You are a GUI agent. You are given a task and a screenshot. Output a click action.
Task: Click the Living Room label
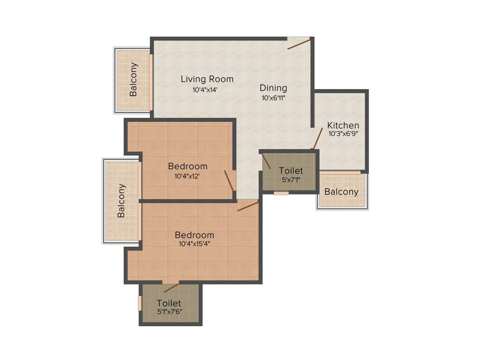tap(207, 79)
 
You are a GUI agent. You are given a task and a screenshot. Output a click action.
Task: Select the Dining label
tap(273, 88)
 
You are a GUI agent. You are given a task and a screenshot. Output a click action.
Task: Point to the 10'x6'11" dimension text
tap(274, 98)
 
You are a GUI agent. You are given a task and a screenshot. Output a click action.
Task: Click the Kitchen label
tap(343, 125)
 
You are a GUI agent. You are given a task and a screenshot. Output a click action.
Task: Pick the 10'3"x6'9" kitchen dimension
tap(343, 134)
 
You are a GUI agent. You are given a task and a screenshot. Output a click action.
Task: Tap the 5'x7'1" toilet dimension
tap(291, 180)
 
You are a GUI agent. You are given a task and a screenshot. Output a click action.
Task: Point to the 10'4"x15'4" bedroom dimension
tap(194, 244)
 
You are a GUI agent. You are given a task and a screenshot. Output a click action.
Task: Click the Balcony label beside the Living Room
tap(134, 79)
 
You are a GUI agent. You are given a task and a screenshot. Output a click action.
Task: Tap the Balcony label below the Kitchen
tap(341, 192)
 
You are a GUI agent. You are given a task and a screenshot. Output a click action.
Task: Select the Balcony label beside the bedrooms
tap(121, 201)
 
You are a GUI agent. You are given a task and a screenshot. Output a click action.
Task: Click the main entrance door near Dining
tap(299, 44)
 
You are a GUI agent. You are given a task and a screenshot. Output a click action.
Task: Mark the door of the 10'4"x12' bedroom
tap(229, 180)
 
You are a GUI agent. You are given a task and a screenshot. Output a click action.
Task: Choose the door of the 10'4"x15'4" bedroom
tap(247, 206)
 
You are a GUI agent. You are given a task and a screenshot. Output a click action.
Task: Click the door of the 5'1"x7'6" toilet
tap(171, 287)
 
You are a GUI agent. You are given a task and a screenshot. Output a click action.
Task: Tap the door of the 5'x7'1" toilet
tap(266, 161)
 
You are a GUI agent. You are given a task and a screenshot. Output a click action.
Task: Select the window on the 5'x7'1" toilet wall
tap(281, 193)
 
